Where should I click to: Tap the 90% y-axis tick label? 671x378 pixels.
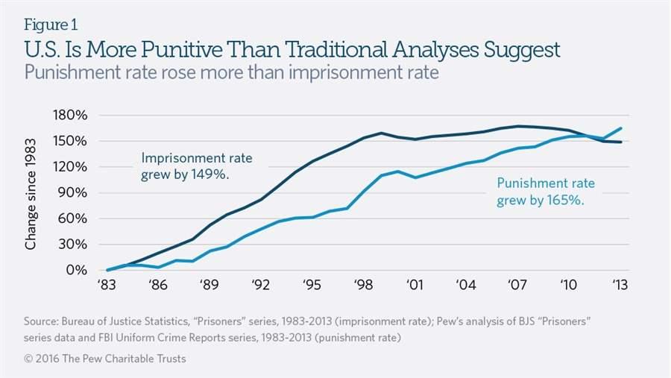(x=75, y=192)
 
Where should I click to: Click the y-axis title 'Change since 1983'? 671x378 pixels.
(x=31, y=193)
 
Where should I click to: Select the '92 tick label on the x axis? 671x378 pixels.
(x=261, y=285)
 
